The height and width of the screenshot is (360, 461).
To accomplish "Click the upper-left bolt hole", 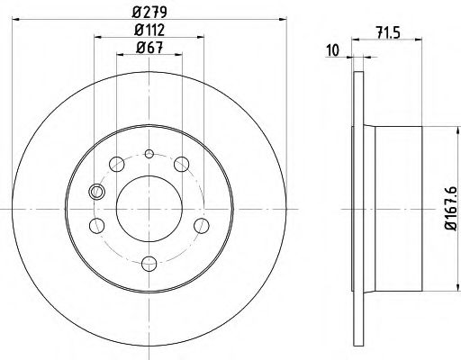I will (114, 165).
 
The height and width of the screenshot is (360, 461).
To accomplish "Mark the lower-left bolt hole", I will (98, 224).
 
